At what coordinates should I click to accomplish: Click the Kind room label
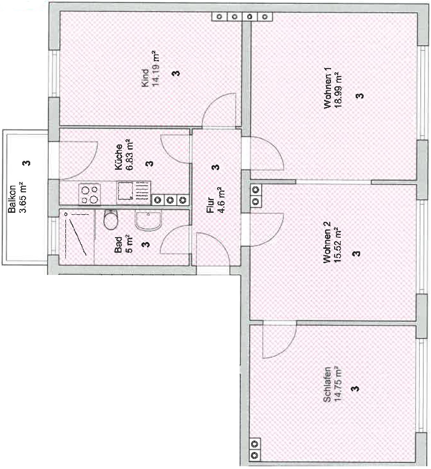pyautogui.click(x=145, y=78)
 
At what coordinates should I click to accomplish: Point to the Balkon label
pyautogui.click(x=12, y=199)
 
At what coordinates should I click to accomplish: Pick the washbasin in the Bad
pyautogui.click(x=148, y=220)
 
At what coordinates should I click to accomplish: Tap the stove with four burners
pyautogui.click(x=90, y=194)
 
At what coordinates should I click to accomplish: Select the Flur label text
pyautogui.click(x=210, y=206)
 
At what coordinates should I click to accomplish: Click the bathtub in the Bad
pyautogui.click(x=76, y=237)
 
